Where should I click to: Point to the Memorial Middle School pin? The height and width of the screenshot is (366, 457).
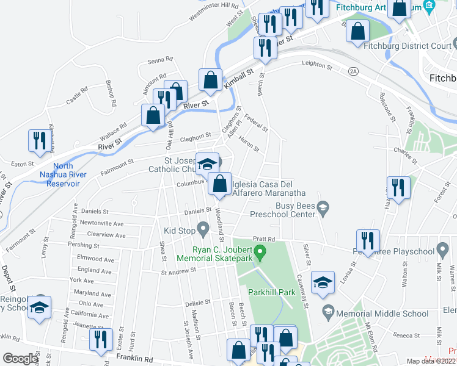pos(329,313)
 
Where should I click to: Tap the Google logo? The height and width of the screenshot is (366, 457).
pos(20,359)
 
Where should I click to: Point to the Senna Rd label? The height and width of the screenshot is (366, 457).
pos(161,60)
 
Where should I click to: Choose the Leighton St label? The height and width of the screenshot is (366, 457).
pos(316,65)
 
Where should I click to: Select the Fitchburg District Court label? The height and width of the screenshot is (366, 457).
pos(408,46)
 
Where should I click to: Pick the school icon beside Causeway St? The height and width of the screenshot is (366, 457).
pos(323,282)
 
